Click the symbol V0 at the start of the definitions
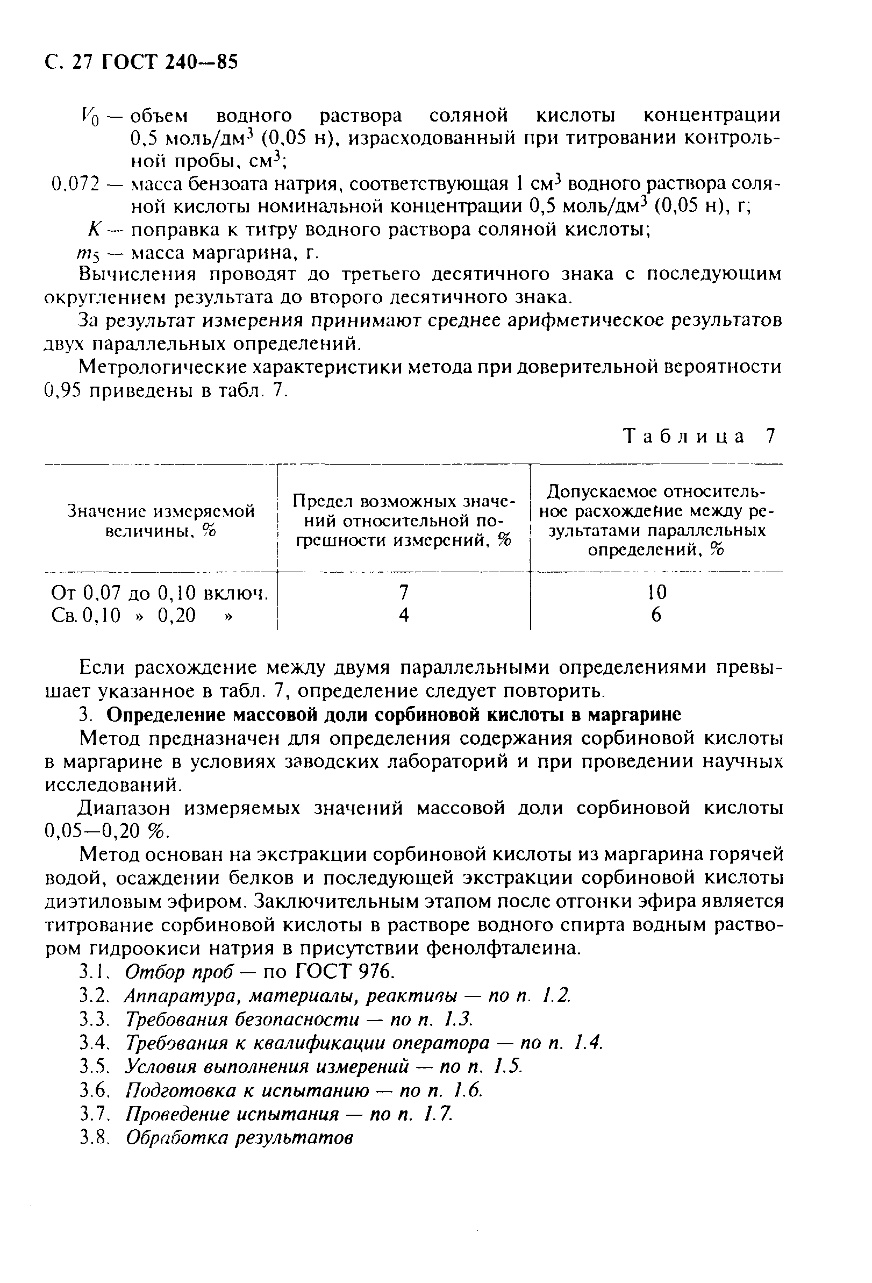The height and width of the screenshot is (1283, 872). (x=89, y=117)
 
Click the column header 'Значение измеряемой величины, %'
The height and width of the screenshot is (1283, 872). (x=161, y=521)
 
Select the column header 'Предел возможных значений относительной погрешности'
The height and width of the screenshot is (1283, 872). (x=403, y=521)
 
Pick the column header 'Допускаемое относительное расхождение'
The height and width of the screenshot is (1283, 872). (x=656, y=521)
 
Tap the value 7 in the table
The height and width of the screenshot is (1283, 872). (x=403, y=593)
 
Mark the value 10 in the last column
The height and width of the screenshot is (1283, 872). (x=656, y=593)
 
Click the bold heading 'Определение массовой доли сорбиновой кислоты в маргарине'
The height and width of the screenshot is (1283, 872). (x=394, y=715)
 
